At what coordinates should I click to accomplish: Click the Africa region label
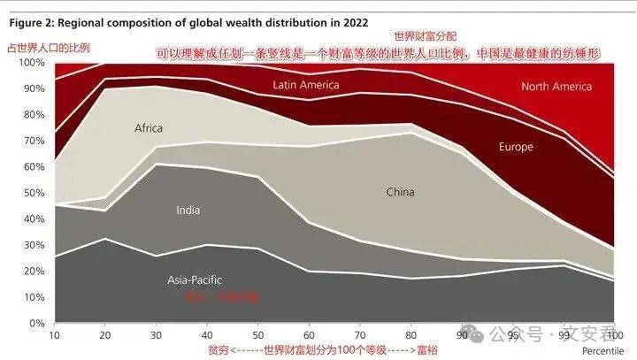[x=149, y=128]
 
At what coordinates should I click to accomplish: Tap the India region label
[x=188, y=210]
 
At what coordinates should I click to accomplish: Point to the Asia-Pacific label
[x=196, y=280]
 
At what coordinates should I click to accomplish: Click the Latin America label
[x=306, y=85]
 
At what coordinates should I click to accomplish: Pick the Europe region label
[x=516, y=146]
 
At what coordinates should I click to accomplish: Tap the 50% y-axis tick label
[x=32, y=193]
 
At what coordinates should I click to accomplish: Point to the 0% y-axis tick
[x=35, y=323]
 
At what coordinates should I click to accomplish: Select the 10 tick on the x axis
[x=55, y=334]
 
